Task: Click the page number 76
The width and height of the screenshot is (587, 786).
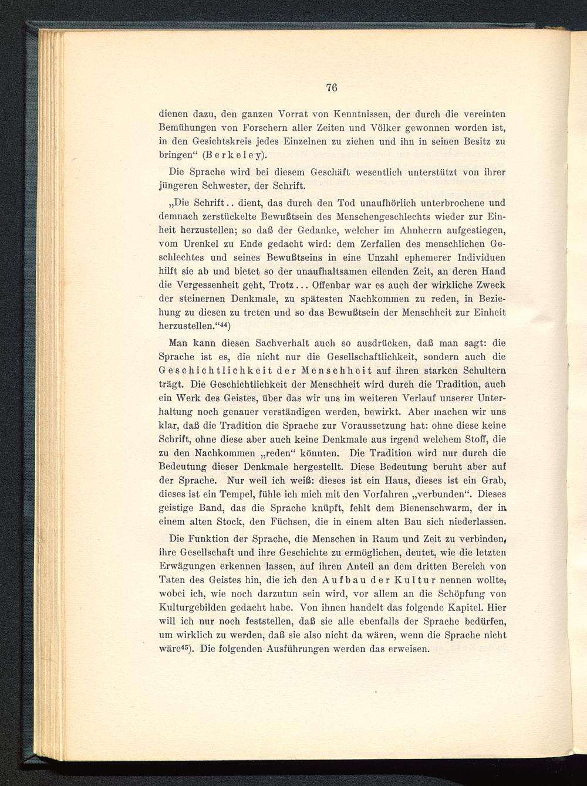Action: (331, 88)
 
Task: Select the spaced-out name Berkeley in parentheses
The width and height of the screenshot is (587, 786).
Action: (236, 155)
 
